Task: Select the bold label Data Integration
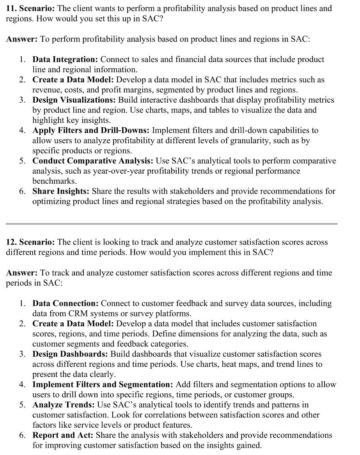pos(65,59)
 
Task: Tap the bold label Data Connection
pos(65,303)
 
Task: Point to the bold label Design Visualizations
pos(74,100)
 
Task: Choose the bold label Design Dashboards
pos(70,354)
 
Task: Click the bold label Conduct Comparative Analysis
pos(93,161)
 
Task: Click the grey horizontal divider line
pos(172,224)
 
